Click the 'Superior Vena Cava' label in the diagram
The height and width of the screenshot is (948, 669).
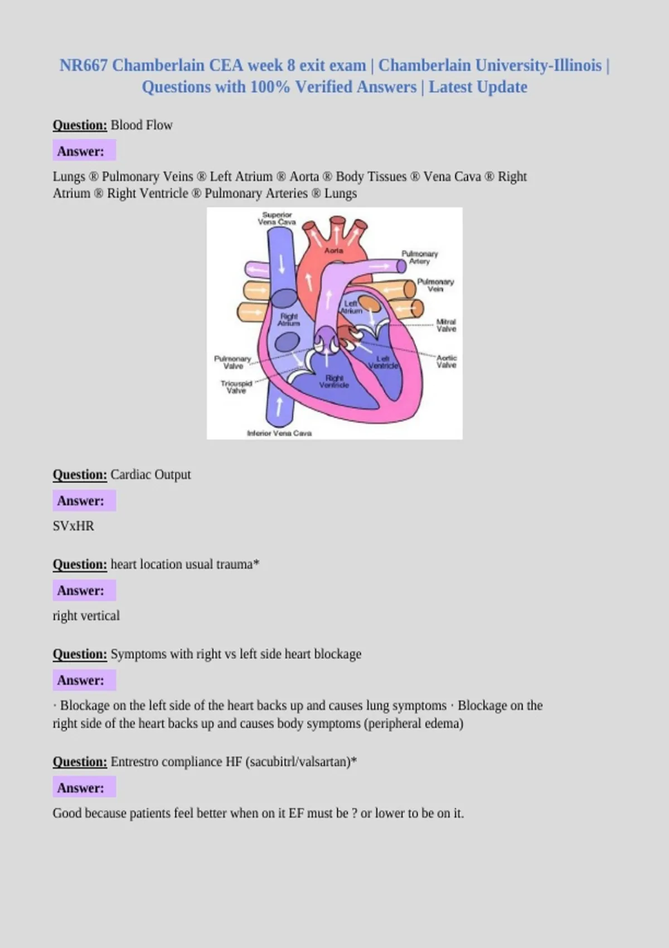277,219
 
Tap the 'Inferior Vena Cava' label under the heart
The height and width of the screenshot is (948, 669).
279,433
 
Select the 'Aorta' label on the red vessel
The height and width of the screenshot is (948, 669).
333,250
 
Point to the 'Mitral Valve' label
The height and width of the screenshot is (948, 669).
447,326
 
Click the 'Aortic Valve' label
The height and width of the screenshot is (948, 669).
447,361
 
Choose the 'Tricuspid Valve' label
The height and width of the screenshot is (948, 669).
236,387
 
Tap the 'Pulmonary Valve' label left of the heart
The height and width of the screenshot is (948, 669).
232,362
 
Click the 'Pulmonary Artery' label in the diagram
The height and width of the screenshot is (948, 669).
419,257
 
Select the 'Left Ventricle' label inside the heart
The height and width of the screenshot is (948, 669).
383,362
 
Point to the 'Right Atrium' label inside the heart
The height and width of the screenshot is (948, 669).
289,320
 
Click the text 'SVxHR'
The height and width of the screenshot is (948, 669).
73,526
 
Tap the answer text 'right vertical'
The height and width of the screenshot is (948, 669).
86,616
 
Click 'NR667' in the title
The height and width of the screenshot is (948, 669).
84,66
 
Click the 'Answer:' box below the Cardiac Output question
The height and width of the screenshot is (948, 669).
84,501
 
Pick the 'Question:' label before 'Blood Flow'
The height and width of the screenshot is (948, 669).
80,125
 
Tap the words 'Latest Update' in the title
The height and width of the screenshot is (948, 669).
478,87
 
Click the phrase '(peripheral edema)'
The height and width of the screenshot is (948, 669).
414,723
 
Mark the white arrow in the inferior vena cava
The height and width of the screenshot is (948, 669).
279,407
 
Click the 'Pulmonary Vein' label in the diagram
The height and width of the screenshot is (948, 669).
435,286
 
